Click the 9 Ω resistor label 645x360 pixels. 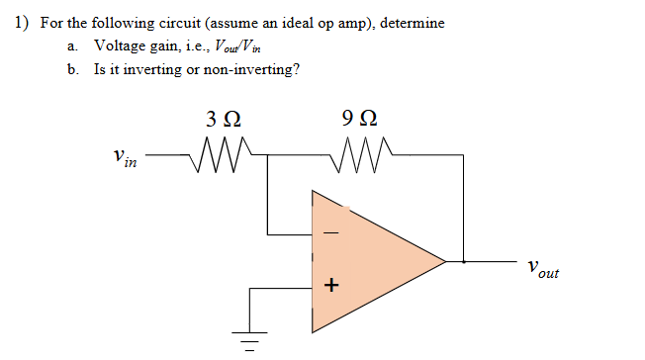[x=356, y=123]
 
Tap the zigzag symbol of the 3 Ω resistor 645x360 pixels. [x=222, y=154]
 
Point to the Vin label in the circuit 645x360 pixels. [x=126, y=158]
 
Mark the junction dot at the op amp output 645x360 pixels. [x=464, y=262]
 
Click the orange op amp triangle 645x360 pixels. [x=376, y=262]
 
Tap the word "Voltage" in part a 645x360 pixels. [x=120, y=46]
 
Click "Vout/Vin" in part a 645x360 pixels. [x=243, y=47]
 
